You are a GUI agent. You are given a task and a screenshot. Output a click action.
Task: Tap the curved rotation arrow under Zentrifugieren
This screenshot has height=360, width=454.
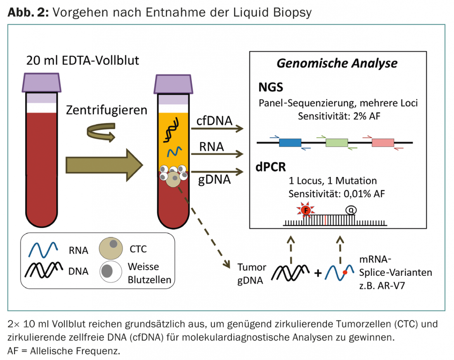point(99,132)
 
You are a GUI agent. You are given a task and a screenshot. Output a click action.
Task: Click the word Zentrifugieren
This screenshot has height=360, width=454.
point(107,111)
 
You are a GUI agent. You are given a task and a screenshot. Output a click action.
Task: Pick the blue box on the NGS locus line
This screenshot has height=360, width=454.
point(291,143)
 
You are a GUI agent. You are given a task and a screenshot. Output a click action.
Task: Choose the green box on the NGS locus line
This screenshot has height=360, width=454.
point(337,143)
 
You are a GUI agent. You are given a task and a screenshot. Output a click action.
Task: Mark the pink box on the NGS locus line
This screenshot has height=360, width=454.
point(383,143)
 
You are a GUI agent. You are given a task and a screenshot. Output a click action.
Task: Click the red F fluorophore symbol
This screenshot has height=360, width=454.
point(306,210)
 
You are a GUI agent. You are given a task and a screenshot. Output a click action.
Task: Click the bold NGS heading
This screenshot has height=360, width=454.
point(271,87)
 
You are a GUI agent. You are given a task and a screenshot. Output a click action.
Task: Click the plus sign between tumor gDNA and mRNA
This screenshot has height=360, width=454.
point(318,273)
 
